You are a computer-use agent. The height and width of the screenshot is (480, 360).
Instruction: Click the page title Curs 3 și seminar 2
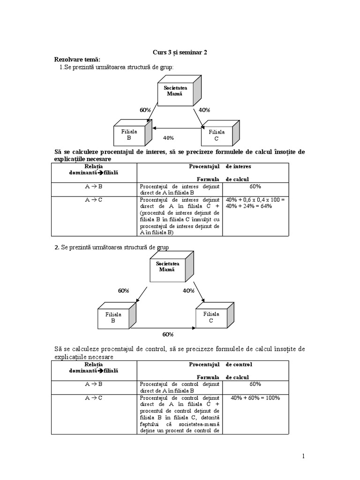pyautogui.click(x=180, y=52)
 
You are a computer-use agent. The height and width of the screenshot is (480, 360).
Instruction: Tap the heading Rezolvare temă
pyautogui.click(x=77, y=60)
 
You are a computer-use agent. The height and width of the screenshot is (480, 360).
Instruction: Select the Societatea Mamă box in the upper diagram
pyautogui.click(x=180, y=91)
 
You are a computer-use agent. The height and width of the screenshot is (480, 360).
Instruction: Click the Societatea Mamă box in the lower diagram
pyautogui.click(x=172, y=267)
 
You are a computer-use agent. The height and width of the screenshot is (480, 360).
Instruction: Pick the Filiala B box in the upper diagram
pyautogui.click(x=133, y=133)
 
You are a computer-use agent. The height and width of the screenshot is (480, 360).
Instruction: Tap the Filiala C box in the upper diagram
pyautogui.click(x=220, y=133)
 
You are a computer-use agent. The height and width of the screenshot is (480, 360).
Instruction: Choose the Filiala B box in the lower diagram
pyautogui.click(x=117, y=315)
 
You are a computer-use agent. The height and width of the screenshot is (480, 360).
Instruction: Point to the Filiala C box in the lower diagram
pyautogui.click(x=215, y=315)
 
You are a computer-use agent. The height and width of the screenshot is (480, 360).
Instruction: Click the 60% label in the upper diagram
pyautogui.click(x=145, y=110)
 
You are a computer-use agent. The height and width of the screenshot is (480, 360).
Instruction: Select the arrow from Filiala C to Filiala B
pyautogui.click(x=177, y=128)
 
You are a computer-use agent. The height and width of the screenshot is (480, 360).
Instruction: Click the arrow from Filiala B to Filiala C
pyautogui.click(x=163, y=328)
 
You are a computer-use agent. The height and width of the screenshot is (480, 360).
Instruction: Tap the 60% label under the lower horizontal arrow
pyautogui.click(x=168, y=335)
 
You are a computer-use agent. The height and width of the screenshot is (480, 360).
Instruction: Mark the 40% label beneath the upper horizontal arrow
pyautogui.click(x=168, y=138)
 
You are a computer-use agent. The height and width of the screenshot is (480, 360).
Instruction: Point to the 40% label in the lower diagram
pyautogui.click(x=188, y=291)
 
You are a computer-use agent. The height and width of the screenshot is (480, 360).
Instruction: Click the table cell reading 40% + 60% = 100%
pyautogui.click(x=255, y=398)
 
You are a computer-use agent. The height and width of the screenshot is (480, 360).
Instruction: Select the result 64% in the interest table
pyautogui.click(x=266, y=206)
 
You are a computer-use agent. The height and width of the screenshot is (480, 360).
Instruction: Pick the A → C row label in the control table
pyautogui.click(x=94, y=398)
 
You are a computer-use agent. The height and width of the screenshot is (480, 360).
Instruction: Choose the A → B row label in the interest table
pyautogui.click(x=94, y=187)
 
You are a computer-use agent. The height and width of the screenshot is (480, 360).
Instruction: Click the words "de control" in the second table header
pyautogui.click(x=239, y=364)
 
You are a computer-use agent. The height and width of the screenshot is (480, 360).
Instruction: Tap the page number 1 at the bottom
pyautogui.click(x=303, y=457)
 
